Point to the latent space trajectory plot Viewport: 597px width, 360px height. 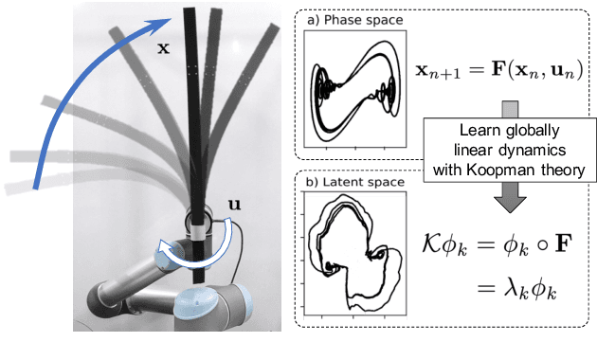(350, 257)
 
